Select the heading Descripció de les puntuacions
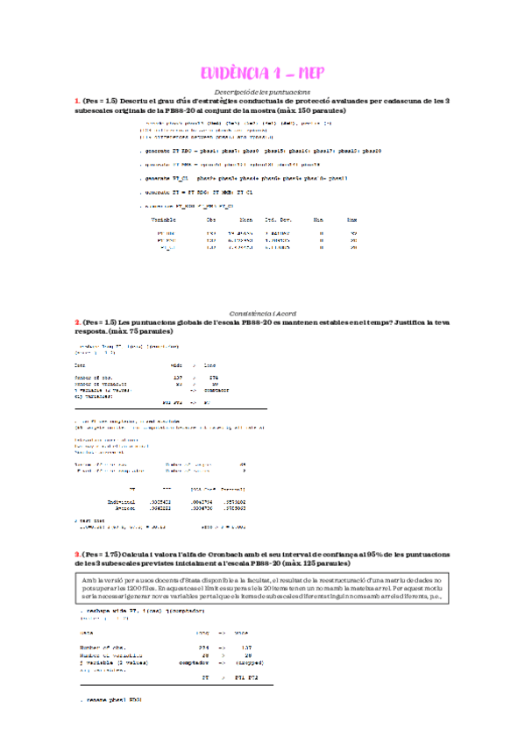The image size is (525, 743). [x=262, y=92]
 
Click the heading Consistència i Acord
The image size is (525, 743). [x=262, y=313]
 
